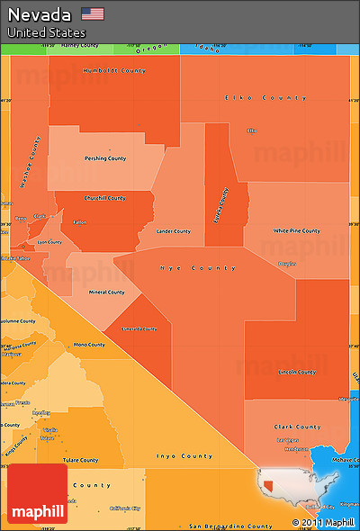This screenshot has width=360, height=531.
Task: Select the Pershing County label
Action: [x=105, y=158]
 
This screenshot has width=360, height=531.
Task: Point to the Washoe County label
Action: [x=30, y=163]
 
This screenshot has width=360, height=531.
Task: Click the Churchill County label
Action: [x=104, y=198]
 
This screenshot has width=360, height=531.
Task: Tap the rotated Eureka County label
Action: [x=220, y=206]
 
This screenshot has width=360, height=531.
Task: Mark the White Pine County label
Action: [x=297, y=230]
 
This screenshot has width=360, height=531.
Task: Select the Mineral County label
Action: [x=106, y=292]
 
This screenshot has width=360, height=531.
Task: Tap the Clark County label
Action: [x=297, y=427]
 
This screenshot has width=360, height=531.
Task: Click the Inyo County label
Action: [x=184, y=456]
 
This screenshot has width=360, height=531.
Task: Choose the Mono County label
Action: [x=88, y=345]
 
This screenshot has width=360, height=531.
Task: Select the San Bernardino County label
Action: [x=230, y=526]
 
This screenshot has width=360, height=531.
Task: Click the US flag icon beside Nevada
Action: [x=92, y=13]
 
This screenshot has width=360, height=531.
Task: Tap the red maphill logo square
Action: [x=37, y=494]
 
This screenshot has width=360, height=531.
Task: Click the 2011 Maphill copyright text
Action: [x=323, y=523]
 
